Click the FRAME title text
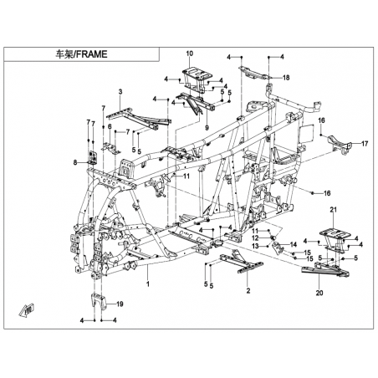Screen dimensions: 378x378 coord(81,54)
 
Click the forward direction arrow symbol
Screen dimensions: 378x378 coord(27,310)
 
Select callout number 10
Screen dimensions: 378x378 coord(190,54)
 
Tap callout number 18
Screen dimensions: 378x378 coord(286,78)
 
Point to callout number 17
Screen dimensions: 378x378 coord(365,144)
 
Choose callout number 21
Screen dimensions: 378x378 coord(334,209)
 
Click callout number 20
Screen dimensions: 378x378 coord(319,293)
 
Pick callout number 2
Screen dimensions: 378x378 coord(248,291)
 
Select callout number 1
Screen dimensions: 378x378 coord(148,284)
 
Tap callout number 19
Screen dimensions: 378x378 coord(120,304)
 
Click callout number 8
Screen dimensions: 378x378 coord(75,162)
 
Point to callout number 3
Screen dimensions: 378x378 coord(120,91)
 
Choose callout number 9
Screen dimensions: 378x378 coord(207,128)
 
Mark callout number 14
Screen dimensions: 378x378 coord(294,245)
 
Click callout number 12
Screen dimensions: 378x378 coord(255,238)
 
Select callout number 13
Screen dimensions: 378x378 coord(255,247)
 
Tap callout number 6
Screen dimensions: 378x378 coord(110,126)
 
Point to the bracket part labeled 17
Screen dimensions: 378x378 coord(340,144)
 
